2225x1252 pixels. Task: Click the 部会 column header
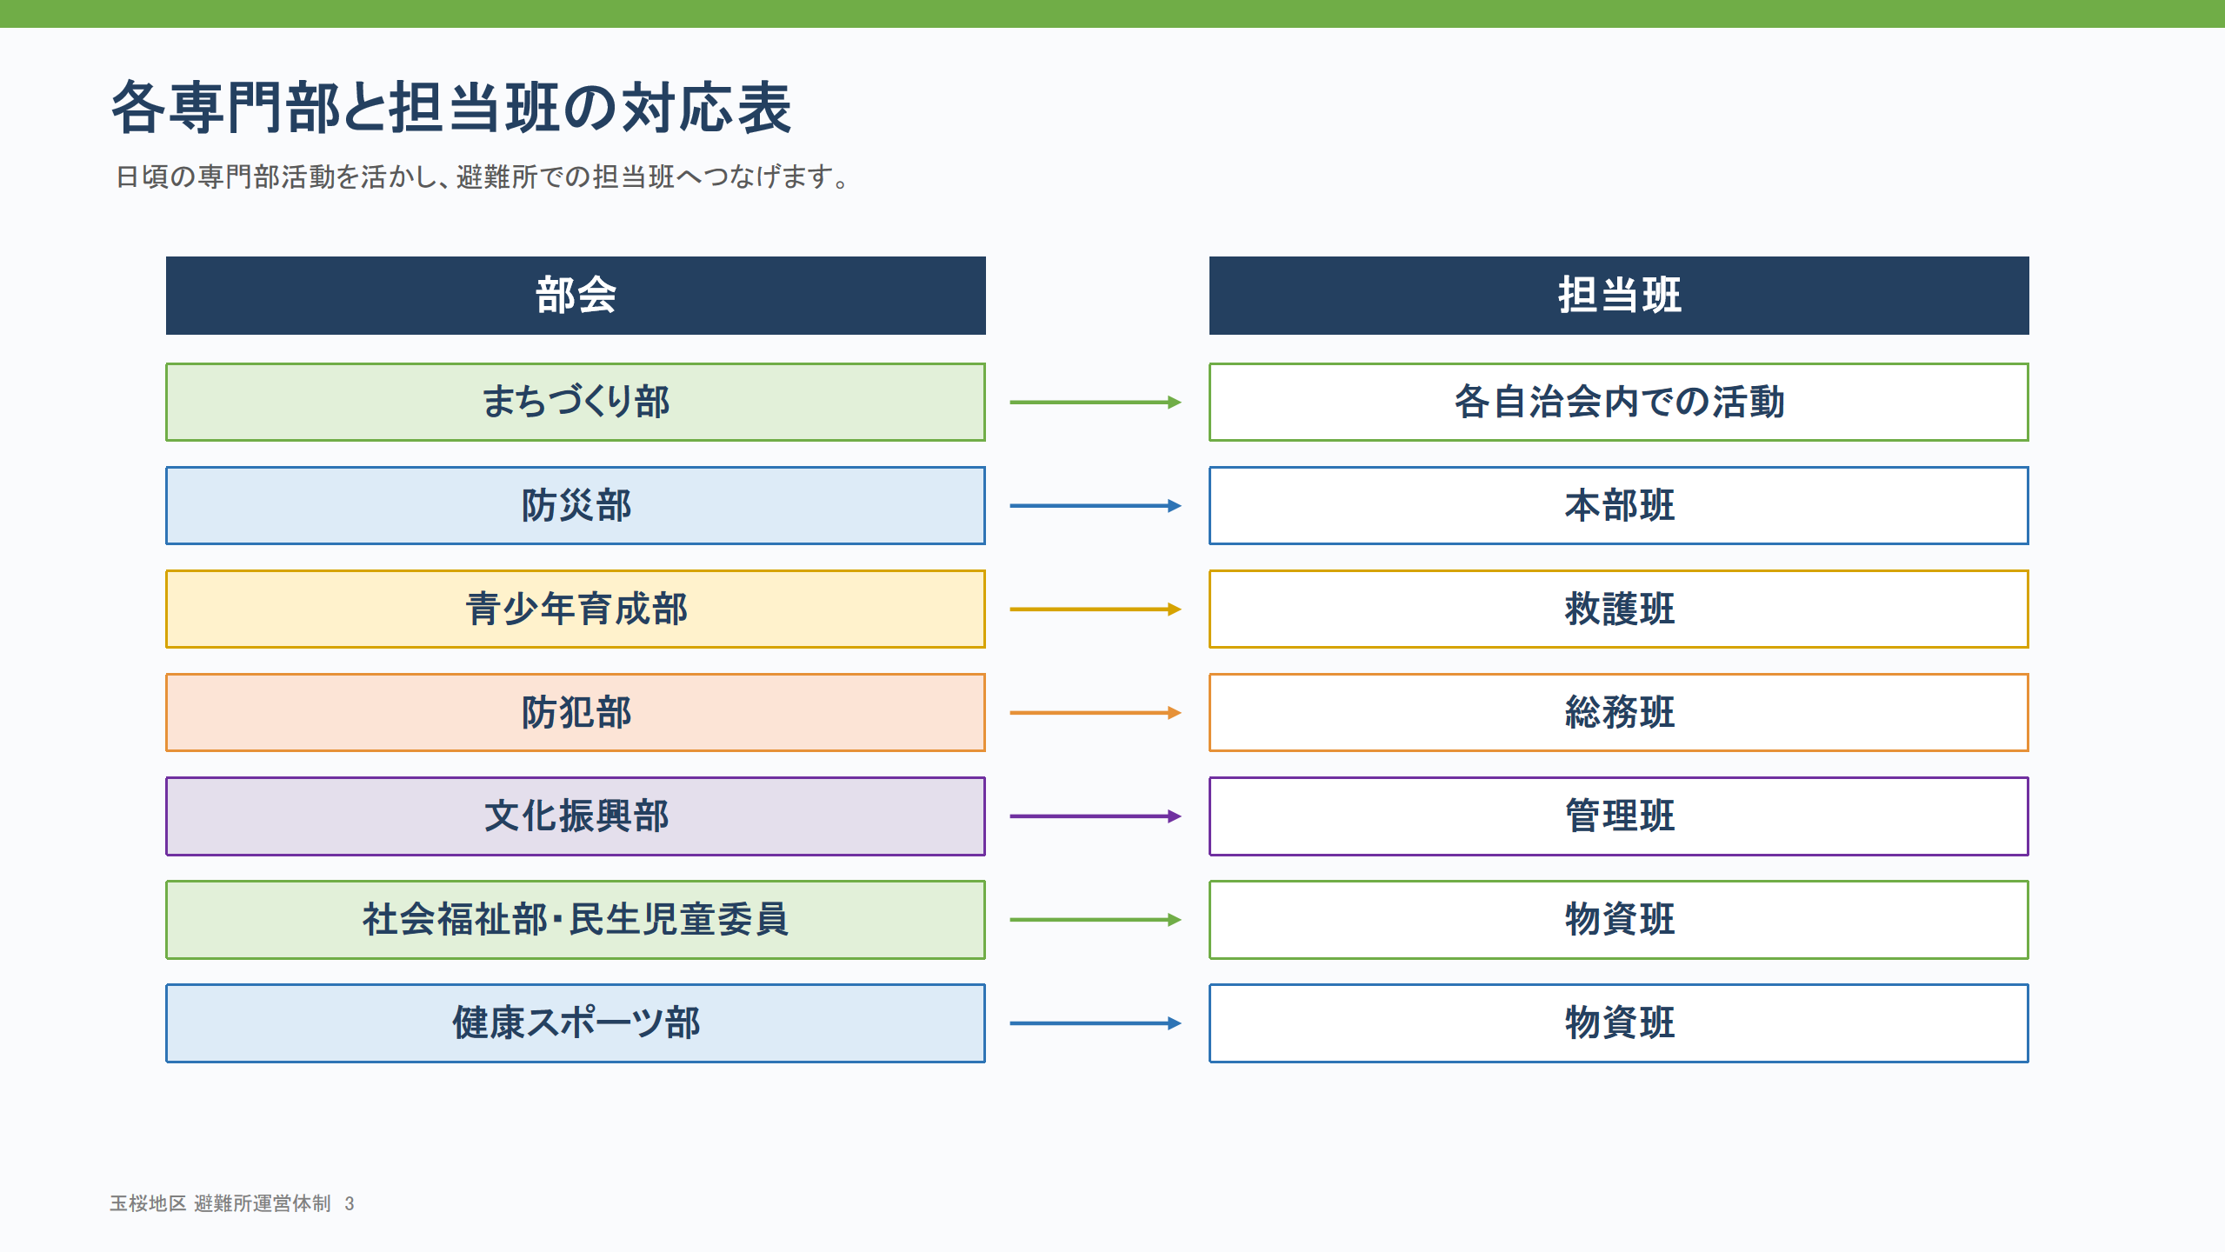[576, 296]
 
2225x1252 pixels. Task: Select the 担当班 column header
[1619, 296]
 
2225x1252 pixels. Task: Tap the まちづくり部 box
[576, 402]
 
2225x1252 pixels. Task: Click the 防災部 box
[576, 505]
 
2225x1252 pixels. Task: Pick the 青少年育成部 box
[576, 609]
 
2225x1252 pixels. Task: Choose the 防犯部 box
[576, 712]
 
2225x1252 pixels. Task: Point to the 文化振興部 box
[576, 816]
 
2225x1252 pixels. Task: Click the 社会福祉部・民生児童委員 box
[576, 919]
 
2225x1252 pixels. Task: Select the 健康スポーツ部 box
[576, 1022]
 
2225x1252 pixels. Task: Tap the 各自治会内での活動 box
[1619, 402]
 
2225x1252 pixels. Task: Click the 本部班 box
[1619, 505]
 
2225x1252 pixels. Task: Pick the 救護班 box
[1619, 609]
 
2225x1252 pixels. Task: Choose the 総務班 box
[1619, 712]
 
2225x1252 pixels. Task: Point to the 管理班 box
[1619, 816]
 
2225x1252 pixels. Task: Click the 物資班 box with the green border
[1619, 919]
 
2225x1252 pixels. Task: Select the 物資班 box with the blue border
[1619, 1022]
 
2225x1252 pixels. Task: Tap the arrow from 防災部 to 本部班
[1096, 505]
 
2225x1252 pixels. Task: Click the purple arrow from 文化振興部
[1096, 816]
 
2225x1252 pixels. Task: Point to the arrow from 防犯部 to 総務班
[1096, 712]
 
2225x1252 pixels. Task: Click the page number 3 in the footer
[350, 1203]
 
